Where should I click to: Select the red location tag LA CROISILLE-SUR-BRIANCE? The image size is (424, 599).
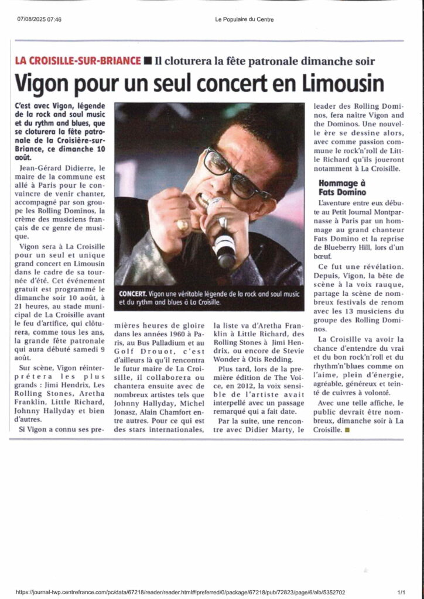click(78, 61)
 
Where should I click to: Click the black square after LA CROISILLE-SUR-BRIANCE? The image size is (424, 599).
click(148, 61)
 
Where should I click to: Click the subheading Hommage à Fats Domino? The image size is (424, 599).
click(342, 187)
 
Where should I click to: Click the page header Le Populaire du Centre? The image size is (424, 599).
click(244, 19)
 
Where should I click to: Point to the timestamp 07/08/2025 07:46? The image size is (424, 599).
click(39, 19)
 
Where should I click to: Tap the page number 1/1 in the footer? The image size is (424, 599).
click(401, 592)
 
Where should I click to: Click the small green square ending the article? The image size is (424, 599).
click(347, 430)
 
